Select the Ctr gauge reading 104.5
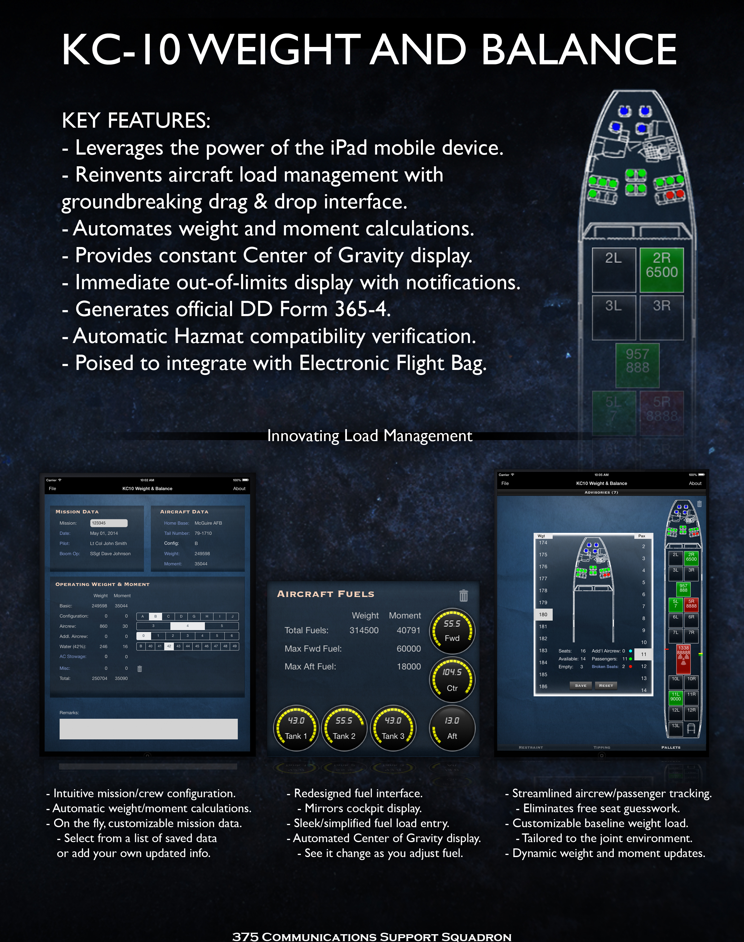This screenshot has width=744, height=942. [x=452, y=679]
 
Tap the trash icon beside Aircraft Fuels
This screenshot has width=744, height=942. [x=463, y=595]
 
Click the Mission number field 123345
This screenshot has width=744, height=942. [x=108, y=523]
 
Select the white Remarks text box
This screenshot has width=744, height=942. [x=149, y=729]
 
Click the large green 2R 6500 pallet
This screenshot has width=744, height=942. [x=661, y=270]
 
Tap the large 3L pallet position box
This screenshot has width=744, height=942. [x=614, y=317]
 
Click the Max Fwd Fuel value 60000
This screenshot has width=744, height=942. [x=408, y=649]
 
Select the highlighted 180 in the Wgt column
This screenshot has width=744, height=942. [x=543, y=615]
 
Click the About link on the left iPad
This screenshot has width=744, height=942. [x=239, y=489]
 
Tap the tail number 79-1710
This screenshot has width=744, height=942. [x=203, y=533]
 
